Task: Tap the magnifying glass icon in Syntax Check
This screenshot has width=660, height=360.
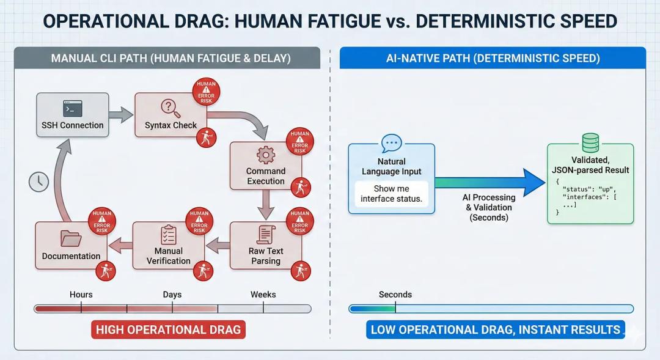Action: pos(169,108)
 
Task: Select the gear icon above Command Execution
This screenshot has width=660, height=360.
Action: pos(266,155)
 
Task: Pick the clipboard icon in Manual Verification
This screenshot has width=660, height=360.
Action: pos(168,235)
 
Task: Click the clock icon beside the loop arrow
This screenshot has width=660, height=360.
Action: pos(39,182)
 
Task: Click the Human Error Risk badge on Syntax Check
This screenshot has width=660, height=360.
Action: pos(206,92)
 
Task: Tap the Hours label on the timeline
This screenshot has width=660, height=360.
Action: pos(81,295)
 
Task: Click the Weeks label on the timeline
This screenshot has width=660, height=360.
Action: pos(263,295)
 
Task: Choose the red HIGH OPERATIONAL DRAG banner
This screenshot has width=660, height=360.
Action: pos(169,330)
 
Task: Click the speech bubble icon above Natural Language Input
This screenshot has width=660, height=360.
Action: pos(391,144)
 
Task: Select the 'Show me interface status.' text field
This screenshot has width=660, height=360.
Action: pos(391,193)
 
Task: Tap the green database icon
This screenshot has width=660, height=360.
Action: pos(590,143)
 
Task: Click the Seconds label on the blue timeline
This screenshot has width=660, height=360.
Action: pos(395,295)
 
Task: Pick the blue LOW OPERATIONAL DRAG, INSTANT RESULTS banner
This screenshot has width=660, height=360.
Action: pos(495,330)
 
